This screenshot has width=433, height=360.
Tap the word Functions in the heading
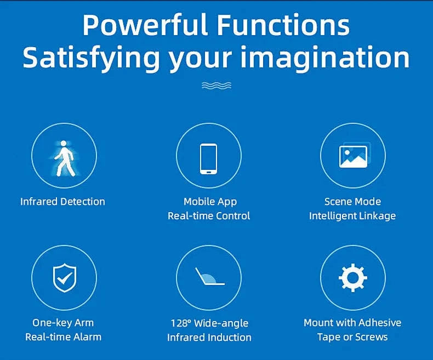[x=283, y=25]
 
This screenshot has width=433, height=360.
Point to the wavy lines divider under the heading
[x=216, y=85]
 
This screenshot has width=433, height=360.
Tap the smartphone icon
[x=208, y=158]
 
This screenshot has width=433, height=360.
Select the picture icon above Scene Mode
[x=354, y=156]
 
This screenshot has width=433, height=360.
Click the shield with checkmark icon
[x=64, y=278]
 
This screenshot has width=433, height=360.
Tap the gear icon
[x=352, y=278]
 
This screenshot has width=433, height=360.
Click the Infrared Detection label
[x=62, y=202]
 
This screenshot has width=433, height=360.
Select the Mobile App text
[x=210, y=202]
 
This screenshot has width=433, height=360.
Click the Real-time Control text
[x=209, y=216]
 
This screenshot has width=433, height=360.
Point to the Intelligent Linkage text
[x=352, y=216]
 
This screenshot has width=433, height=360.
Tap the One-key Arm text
[x=63, y=323]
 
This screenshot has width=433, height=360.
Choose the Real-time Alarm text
[x=63, y=337]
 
